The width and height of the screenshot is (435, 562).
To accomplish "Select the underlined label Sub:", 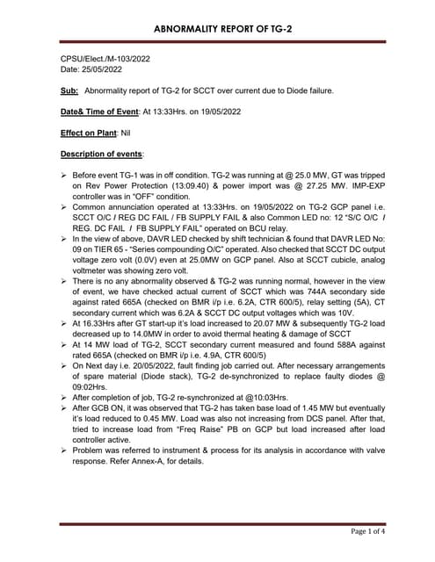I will click(69, 90).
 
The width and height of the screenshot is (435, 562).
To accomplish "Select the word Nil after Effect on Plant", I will click(131, 133).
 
